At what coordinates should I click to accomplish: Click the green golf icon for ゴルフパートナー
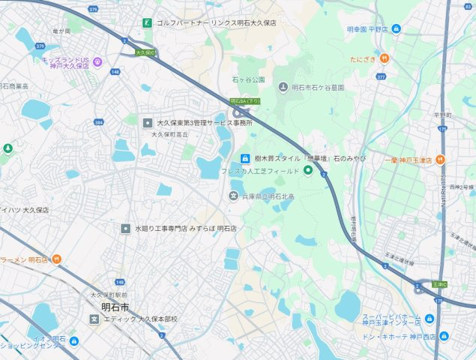(147, 23)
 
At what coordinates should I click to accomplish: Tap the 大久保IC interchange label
(145, 53)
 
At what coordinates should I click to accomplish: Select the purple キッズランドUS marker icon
(98, 61)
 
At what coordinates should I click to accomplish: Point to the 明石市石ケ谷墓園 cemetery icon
(283, 88)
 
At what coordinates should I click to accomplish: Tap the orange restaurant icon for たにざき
(384, 58)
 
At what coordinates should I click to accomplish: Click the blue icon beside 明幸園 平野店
(397, 29)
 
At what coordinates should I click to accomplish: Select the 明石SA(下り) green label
(245, 100)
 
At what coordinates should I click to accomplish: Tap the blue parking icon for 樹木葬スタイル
(244, 158)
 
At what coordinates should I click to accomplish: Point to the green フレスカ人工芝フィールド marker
(307, 171)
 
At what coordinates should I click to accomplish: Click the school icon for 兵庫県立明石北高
(233, 196)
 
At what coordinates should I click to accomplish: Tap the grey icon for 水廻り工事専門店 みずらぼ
(125, 227)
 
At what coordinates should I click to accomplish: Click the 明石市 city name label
(115, 307)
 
